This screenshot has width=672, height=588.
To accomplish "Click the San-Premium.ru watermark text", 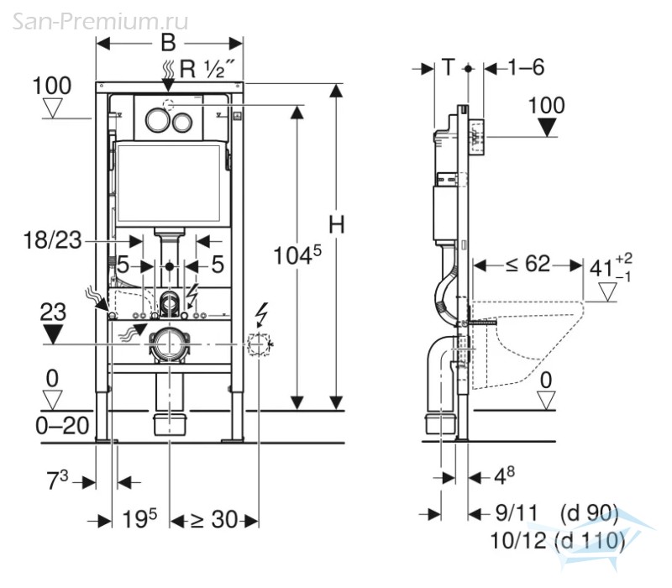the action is (100, 21).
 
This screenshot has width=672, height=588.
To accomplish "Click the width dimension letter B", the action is (168, 43).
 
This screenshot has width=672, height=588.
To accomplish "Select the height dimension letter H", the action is (337, 224).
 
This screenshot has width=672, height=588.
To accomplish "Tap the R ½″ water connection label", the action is (207, 69).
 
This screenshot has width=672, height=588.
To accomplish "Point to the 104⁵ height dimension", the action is (297, 255).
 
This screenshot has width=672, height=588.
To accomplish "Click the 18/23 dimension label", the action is (52, 240).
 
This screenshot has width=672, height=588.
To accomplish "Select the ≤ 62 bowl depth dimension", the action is (528, 264).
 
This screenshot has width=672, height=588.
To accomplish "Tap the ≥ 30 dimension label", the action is (214, 520).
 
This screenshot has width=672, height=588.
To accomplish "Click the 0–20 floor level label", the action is (62, 426).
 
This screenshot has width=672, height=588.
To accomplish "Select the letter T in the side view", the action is (448, 67).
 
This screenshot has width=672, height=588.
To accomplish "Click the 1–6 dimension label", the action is (527, 67).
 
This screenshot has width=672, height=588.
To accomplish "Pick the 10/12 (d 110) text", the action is (557, 541).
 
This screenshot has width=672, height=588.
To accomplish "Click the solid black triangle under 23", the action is (52, 333).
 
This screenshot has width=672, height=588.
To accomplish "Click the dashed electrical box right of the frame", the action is (259, 344).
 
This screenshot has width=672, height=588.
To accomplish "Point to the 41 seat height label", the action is (611, 266).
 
